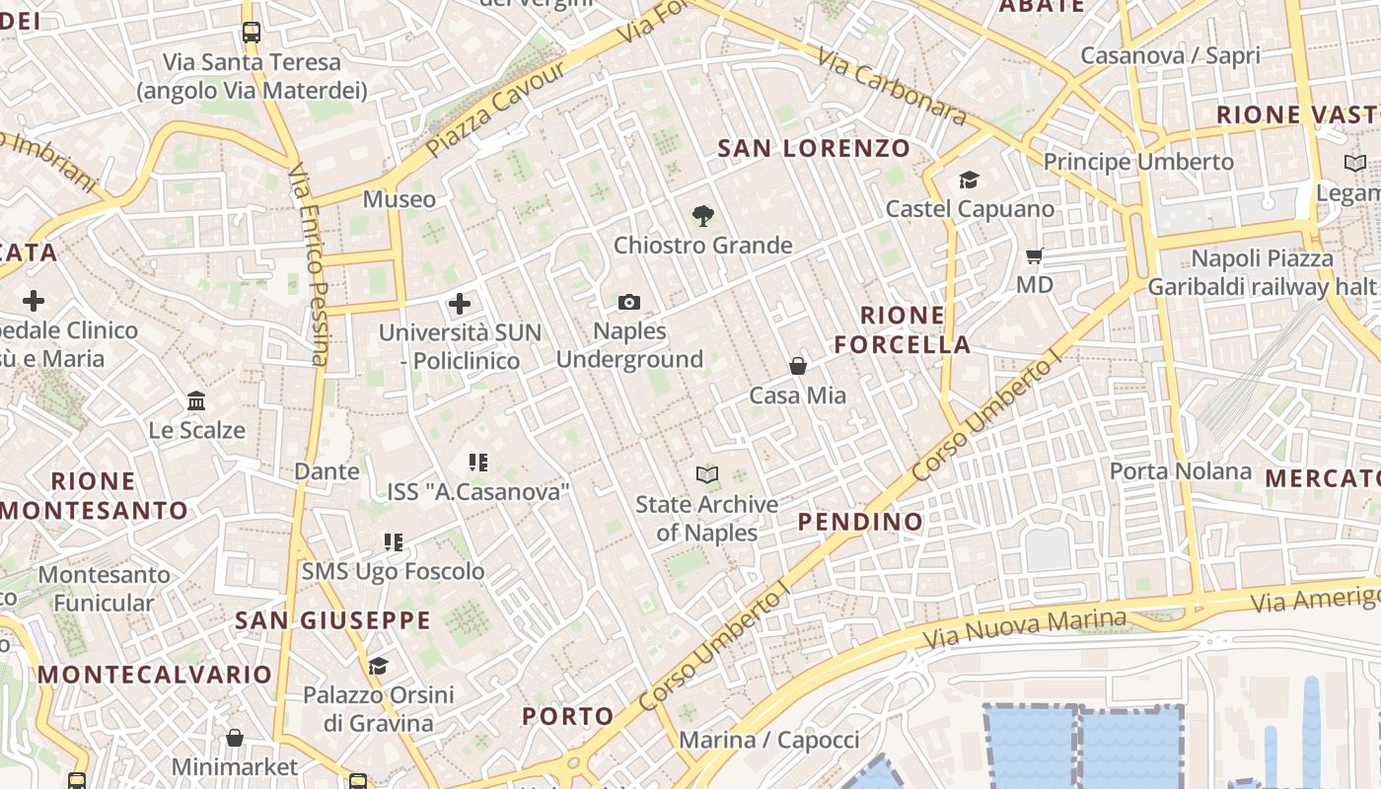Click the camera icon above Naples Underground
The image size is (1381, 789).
pyautogui.click(x=629, y=302)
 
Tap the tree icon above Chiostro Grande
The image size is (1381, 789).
pyautogui.click(x=702, y=215)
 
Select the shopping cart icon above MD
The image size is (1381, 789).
pyautogui.click(x=1035, y=256)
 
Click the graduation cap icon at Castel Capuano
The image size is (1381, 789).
pyautogui.click(x=970, y=179)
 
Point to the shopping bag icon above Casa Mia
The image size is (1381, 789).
pyautogui.click(x=798, y=366)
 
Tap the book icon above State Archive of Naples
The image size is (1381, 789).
pyautogui.click(x=707, y=475)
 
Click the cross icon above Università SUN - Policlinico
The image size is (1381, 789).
pyautogui.click(x=460, y=304)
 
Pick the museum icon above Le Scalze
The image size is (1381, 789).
pyautogui.click(x=196, y=401)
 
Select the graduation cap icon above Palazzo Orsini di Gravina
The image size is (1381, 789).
pyautogui.click(x=379, y=666)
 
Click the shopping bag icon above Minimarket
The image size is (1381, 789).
pyautogui.click(x=235, y=738)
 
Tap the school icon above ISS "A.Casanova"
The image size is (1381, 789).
pyautogui.click(x=478, y=462)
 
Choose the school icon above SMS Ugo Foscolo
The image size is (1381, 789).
pyautogui.click(x=394, y=541)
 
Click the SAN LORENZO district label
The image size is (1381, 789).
pyautogui.click(x=814, y=149)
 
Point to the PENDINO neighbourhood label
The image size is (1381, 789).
pyautogui.click(x=860, y=522)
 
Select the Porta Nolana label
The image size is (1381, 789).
pyautogui.click(x=1181, y=471)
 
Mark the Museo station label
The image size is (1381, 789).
pyautogui.click(x=399, y=199)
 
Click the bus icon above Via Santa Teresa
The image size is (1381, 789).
pyautogui.click(x=251, y=33)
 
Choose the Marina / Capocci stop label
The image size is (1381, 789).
pyautogui.click(x=769, y=740)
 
